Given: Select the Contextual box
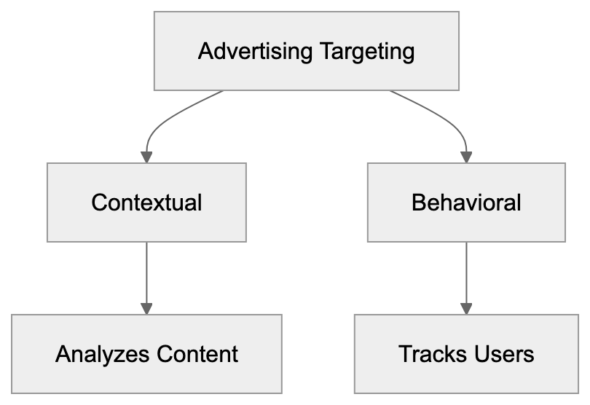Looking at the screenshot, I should coord(146,202).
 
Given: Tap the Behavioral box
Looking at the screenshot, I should coord(466,202).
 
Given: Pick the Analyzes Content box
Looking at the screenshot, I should coord(146,354).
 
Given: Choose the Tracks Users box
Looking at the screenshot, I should coord(466,354).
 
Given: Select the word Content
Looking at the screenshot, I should coord(197,354).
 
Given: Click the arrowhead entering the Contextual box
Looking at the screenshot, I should coord(146,156).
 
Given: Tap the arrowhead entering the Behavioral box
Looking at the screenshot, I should coord(466,156).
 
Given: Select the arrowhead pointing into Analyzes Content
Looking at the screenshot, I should coord(146,308).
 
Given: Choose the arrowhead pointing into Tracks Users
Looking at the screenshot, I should coord(466,308).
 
